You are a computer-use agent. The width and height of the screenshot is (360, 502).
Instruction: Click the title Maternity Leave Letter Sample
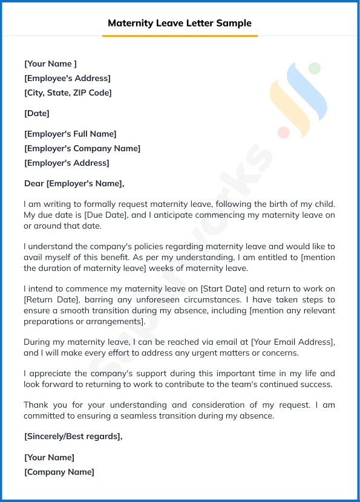(x=180, y=24)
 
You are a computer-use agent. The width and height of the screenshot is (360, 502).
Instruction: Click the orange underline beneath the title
(x=180, y=36)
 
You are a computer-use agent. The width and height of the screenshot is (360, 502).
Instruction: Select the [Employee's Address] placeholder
(x=67, y=78)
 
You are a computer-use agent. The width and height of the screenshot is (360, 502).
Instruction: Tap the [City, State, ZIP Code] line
(x=68, y=93)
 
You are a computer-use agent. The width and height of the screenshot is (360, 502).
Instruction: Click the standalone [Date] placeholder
(x=37, y=113)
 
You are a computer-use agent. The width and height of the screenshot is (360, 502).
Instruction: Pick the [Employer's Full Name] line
(x=70, y=134)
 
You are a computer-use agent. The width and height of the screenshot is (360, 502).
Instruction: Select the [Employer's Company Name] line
(x=82, y=148)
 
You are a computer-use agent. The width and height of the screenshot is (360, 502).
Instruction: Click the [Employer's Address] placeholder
(x=67, y=163)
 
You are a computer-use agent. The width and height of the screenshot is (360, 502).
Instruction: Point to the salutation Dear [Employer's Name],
(x=74, y=183)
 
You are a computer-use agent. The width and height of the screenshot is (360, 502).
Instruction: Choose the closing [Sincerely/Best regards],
(x=73, y=437)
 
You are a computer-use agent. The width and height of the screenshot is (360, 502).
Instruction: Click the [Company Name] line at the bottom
(x=59, y=472)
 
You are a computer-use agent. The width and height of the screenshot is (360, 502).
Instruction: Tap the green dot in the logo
(x=314, y=68)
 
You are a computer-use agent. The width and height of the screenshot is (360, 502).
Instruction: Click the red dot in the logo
(x=283, y=132)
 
